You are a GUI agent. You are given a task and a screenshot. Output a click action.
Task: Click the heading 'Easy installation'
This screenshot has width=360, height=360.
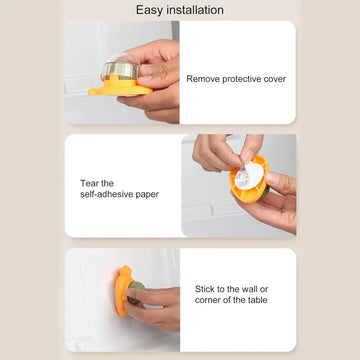[180, 10]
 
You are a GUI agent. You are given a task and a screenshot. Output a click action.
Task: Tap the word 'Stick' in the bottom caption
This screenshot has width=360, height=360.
[205, 289]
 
